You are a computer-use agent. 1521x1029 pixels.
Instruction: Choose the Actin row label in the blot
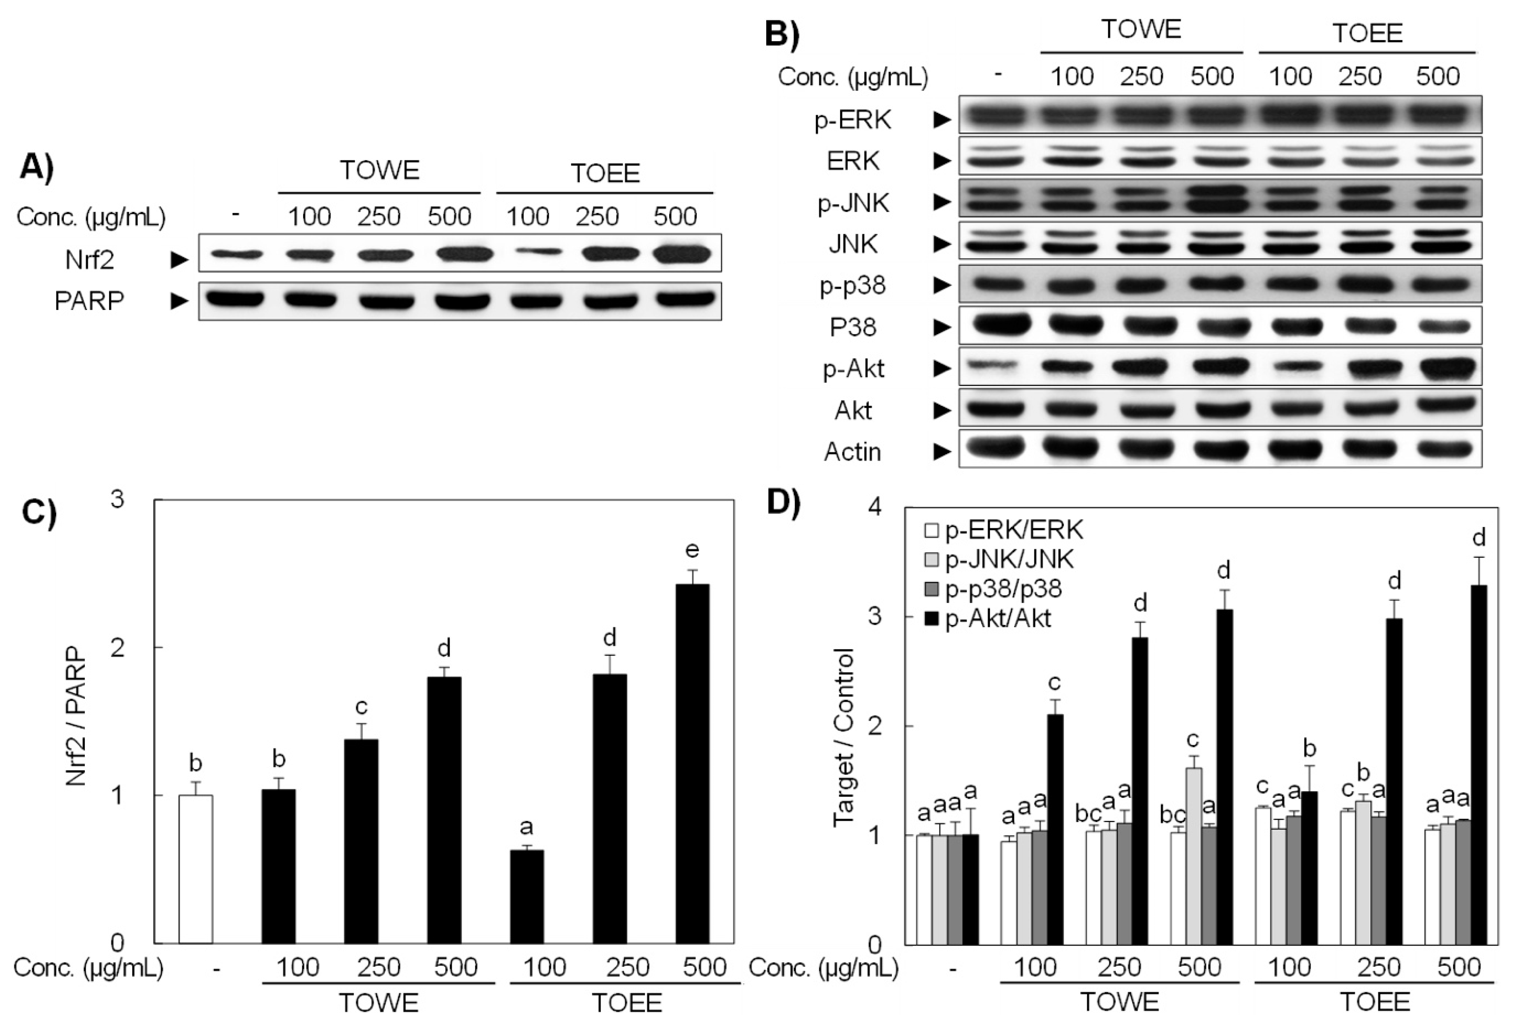point(852,452)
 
